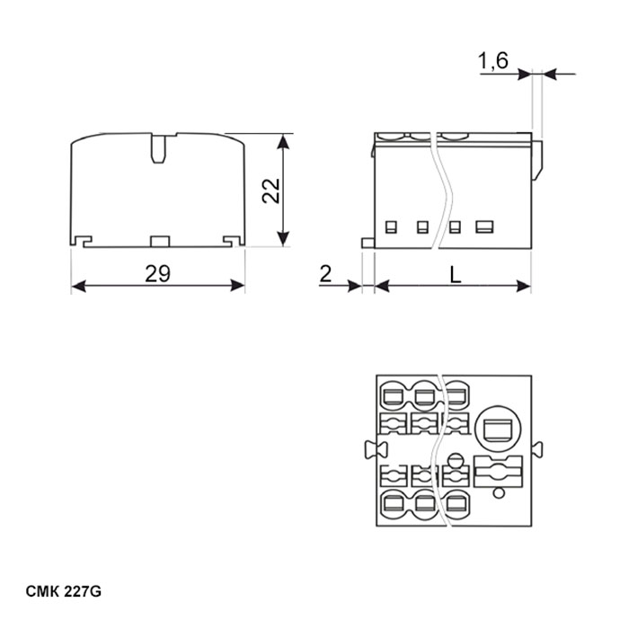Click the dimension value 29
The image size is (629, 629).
157,273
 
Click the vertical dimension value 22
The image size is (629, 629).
271,190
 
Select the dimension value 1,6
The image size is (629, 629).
493,61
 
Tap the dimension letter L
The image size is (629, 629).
455,275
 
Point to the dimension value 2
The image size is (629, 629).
325,274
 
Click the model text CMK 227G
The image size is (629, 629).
64,591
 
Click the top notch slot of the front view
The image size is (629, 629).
158,148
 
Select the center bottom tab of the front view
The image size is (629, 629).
160,241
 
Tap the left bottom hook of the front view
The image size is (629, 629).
83,241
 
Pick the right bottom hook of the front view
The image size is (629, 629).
233,241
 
